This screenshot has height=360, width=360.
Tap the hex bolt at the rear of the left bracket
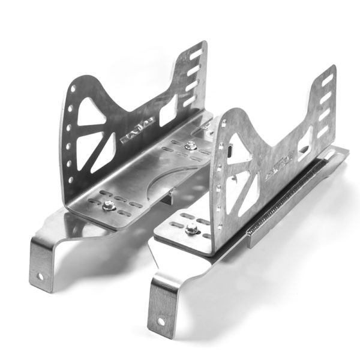click(190, 144)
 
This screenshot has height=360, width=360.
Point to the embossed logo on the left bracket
click(137, 131)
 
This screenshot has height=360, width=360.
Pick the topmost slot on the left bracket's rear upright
click(196, 53)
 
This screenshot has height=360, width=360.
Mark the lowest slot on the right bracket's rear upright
click(323, 130)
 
